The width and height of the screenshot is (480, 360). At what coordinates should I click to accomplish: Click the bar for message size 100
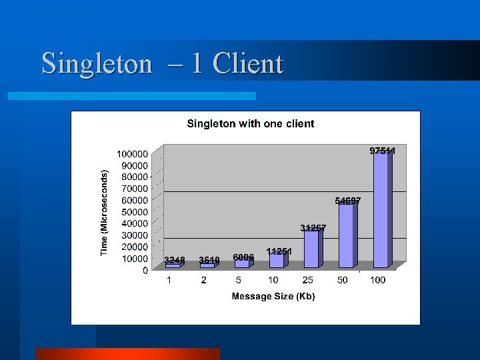point(381,210)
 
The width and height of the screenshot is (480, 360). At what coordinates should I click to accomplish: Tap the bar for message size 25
point(311,249)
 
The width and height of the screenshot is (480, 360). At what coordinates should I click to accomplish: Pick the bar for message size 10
point(276,260)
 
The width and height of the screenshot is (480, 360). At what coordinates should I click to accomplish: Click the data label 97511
point(383,151)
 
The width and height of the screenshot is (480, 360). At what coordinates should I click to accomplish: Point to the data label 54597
point(348,200)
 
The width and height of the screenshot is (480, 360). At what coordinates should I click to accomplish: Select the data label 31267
point(313,228)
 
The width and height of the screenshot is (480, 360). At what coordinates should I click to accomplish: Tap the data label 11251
point(279,251)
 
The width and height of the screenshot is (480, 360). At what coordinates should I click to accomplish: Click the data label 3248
point(175,260)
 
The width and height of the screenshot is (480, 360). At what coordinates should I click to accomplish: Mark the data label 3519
point(209,260)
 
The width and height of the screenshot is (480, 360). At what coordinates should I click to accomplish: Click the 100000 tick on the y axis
point(133,153)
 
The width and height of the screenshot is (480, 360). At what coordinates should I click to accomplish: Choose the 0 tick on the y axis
point(145,271)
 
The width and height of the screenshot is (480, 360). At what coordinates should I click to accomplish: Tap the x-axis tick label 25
point(308,281)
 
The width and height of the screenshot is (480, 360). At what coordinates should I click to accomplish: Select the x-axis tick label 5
point(239,281)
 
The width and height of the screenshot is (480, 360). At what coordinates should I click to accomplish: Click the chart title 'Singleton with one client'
point(250,123)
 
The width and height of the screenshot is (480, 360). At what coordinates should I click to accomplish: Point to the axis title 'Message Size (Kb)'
point(273,296)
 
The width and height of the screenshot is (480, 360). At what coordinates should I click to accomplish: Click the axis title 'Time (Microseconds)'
point(104,213)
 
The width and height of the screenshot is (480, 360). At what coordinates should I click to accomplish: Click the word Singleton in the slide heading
point(97,64)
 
